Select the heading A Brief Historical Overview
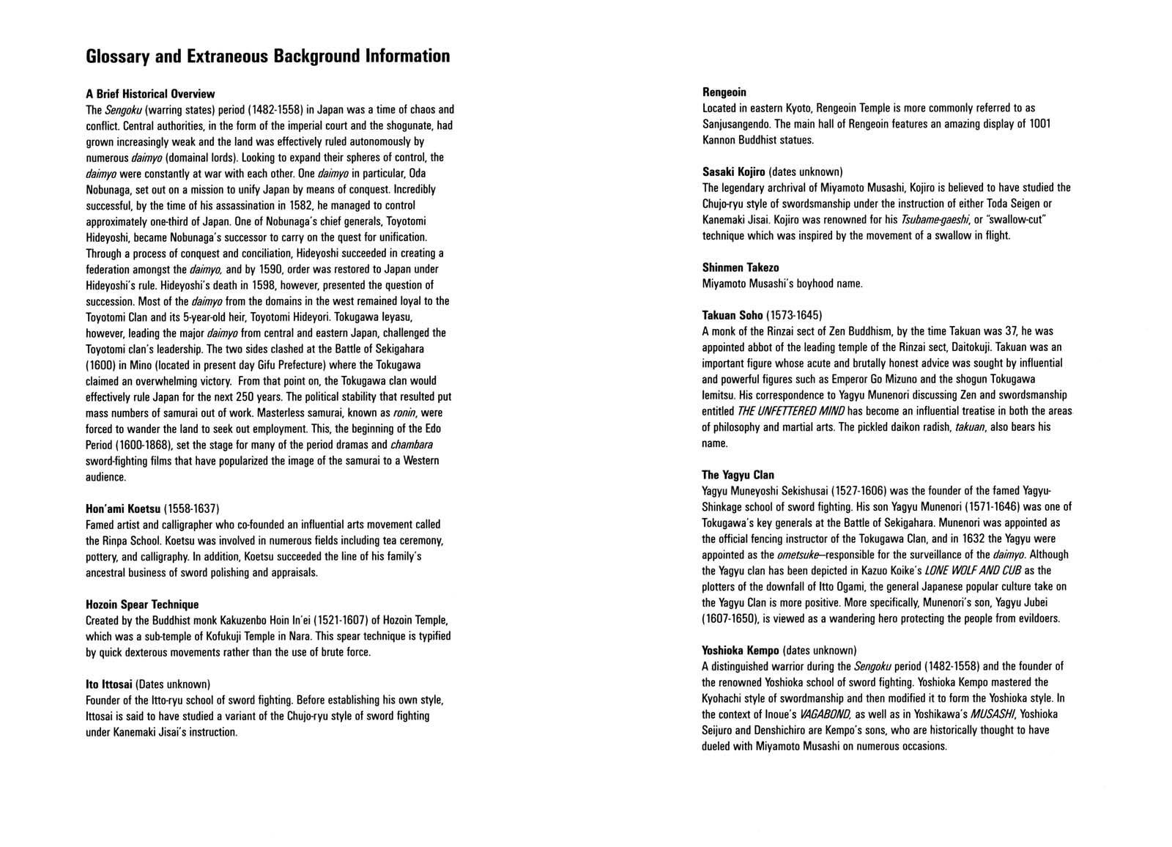(x=150, y=94)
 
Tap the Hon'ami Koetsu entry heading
(x=123, y=508)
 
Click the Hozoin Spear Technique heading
(x=142, y=604)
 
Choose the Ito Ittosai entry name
(x=109, y=684)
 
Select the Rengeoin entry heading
(x=724, y=92)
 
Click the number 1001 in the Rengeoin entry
(x=1039, y=124)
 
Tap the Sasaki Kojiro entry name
(x=733, y=172)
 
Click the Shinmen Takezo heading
(x=740, y=268)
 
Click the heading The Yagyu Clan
(x=738, y=476)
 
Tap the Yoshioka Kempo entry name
(x=740, y=651)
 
